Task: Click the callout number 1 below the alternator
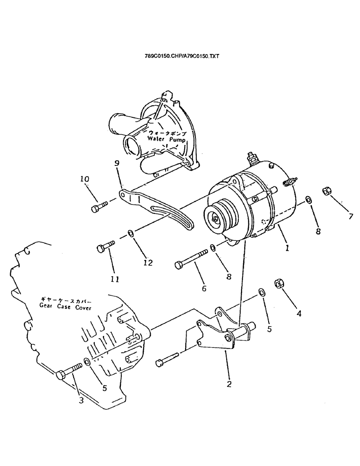point(288,248)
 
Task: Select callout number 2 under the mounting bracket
point(229,385)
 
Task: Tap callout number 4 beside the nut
point(299,314)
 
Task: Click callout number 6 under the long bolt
point(203,288)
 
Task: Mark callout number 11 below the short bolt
point(115,279)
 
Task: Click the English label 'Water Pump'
point(166,139)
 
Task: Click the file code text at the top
point(182,56)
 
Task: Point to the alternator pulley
point(217,217)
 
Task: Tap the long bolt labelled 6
point(191,259)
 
